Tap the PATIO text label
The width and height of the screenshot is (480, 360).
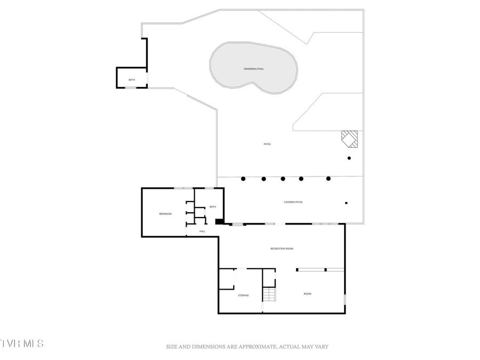(267, 144)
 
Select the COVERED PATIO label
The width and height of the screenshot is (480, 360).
(293, 202)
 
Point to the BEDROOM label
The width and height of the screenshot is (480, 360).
(165, 214)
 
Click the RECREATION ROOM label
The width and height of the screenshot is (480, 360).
(282, 249)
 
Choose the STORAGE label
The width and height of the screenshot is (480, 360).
(243, 295)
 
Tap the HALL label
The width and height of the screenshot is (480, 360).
(202, 231)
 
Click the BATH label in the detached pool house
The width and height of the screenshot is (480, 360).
(132, 80)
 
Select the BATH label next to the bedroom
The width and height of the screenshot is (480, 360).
(212, 207)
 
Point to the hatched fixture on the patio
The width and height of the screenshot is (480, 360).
(351, 139)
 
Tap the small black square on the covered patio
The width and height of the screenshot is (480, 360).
(346, 203)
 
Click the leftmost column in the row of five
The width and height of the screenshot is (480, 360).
(243, 179)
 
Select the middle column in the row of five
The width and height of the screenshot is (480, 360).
(283, 179)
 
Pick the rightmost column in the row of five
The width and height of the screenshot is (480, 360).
(329, 179)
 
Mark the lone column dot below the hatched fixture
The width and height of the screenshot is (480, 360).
(349, 158)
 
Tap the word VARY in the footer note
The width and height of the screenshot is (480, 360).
(321, 347)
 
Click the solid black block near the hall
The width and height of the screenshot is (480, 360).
(218, 222)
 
